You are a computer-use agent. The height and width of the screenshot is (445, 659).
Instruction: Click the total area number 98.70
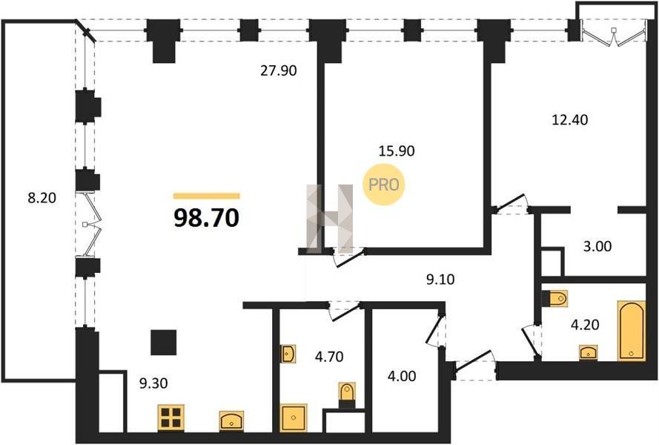pyautogui.click(x=206, y=218)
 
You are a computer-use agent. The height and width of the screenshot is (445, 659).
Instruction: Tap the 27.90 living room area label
pyautogui.click(x=278, y=70)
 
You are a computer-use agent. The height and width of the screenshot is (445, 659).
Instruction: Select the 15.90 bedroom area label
pyautogui.click(x=397, y=151)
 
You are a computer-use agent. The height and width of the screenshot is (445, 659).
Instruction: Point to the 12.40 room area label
pyautogui.click(x=569, y=120)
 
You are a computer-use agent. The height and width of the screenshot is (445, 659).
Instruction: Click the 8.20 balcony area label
pyautogui.click(x=42, y=198)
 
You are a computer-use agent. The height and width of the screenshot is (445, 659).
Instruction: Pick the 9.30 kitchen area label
pyautogui.click(x=153, y=383)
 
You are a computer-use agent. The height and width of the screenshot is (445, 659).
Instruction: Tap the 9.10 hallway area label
pyautogui.click(x=440, y=280)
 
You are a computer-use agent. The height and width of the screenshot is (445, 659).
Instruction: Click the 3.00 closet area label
pyautogui.click(x=597, y=246)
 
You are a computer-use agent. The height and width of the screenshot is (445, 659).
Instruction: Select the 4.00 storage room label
pyautogui.click(x=402, y=375)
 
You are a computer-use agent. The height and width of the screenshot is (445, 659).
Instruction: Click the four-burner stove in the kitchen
pyautogui.click(x=171, y=418)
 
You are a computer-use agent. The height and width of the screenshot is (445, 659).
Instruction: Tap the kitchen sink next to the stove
pyautogui.click(x=231, y=421)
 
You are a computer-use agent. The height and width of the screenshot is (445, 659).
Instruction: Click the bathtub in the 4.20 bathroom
pyautogui.click(x=632, y=331)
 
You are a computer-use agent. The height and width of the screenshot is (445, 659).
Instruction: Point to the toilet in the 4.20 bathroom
pyautogui.click(x=555, y=299)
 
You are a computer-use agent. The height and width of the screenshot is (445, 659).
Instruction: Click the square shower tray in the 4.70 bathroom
pyautogui.click(x=294, y=418)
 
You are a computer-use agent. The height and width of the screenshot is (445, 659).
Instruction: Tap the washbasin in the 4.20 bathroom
pyautogui.click(x=588, y=352)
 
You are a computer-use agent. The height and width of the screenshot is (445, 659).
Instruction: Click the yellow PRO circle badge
pyautogui.click(x=384, y=185)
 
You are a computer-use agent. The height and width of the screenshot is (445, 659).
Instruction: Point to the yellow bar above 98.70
pyautogui.click(x=206, y=196)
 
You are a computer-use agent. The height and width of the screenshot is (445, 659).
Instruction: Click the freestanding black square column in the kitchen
pyautogui.click(x=164, y=343)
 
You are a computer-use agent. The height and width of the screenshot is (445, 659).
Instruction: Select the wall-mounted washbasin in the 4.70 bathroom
pyautogui.click(x=288, y=354)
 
